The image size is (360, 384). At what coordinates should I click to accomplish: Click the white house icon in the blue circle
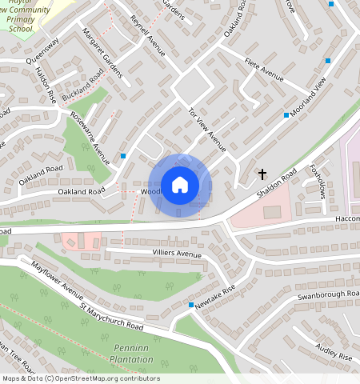click(180, 185)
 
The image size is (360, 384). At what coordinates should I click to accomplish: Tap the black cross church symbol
click(262, 173)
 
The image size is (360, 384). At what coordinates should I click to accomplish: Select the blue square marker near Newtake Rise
click(190, 305)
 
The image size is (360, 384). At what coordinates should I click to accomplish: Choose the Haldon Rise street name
click(46, 83)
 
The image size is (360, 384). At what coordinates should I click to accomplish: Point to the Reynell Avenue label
click(146, 34)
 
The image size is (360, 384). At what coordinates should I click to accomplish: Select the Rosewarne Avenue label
click(90, 132)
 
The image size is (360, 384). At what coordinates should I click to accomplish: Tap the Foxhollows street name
click(318, 181)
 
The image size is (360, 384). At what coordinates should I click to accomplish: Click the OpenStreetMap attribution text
click(80, 378)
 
